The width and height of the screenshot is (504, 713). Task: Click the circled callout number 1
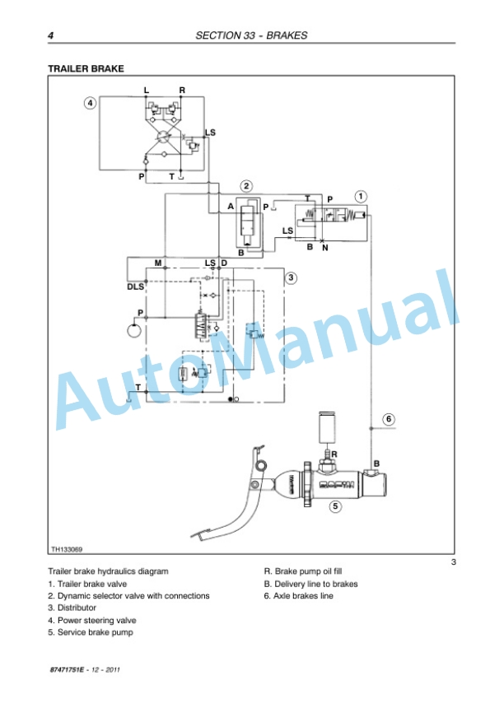tap(361, 197)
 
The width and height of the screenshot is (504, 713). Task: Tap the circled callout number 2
tap(246, 186)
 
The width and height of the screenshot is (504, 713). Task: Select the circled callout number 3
tap(291, 277)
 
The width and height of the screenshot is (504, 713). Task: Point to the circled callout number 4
tap(90, 103)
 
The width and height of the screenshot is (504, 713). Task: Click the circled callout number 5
tap(335, 506)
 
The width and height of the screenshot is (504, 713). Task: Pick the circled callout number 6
tap(389, 419)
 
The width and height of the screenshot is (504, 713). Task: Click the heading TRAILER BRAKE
tap(86, 68)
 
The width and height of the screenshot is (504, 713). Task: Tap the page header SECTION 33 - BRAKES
tap(251, 35)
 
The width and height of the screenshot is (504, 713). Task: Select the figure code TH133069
tap(67, 549)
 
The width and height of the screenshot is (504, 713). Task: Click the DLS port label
tap(135, 287)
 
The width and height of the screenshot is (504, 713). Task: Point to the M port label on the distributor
tap(158, 263)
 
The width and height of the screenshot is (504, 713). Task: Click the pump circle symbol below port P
tap(134, 329)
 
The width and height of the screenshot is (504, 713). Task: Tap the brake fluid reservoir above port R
tap(328, 427)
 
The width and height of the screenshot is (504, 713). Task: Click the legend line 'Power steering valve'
tap(92, 620)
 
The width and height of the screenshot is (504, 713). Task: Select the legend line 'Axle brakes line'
tap(298, 596)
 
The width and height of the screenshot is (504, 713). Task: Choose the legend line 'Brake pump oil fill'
tap(303, 571)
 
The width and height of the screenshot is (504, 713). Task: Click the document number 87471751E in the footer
tap(67, 669)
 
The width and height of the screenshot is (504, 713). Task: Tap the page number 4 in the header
tap(50, 35)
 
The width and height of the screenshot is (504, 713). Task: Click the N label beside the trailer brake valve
tap(324, 248)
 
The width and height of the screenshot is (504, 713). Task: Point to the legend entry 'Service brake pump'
tap(91, 632)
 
